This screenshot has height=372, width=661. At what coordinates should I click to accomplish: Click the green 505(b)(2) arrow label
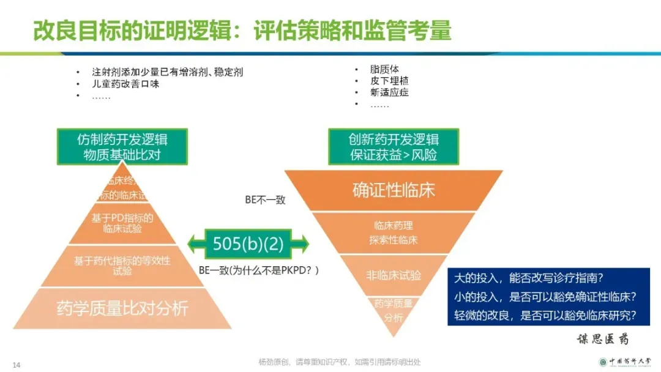[248, 244]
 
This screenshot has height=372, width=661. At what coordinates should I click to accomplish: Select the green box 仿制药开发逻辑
[122, 146]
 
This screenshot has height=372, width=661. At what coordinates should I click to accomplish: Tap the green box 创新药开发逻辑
[394, 146]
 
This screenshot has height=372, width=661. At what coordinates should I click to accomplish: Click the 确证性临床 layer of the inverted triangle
[394, 190]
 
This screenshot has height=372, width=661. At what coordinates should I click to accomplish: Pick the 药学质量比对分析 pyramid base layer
[122, 308]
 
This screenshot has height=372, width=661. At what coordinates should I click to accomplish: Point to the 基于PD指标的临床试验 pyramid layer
[122, 223]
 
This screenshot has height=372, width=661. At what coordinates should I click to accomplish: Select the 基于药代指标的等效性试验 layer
[122, 266]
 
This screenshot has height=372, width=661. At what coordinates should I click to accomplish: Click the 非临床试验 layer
[394, 275]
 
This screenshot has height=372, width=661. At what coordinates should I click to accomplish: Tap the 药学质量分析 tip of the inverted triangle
[394, 310]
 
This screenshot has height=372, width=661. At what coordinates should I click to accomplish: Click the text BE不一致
[265, 199]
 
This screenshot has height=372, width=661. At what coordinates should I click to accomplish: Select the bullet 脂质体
[384, 69]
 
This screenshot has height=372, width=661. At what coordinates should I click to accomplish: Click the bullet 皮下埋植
[389, 81]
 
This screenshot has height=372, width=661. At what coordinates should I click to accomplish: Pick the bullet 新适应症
[389, 92]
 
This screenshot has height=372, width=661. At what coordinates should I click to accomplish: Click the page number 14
[17, 365]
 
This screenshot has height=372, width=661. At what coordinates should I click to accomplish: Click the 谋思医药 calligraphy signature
[603, 339]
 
